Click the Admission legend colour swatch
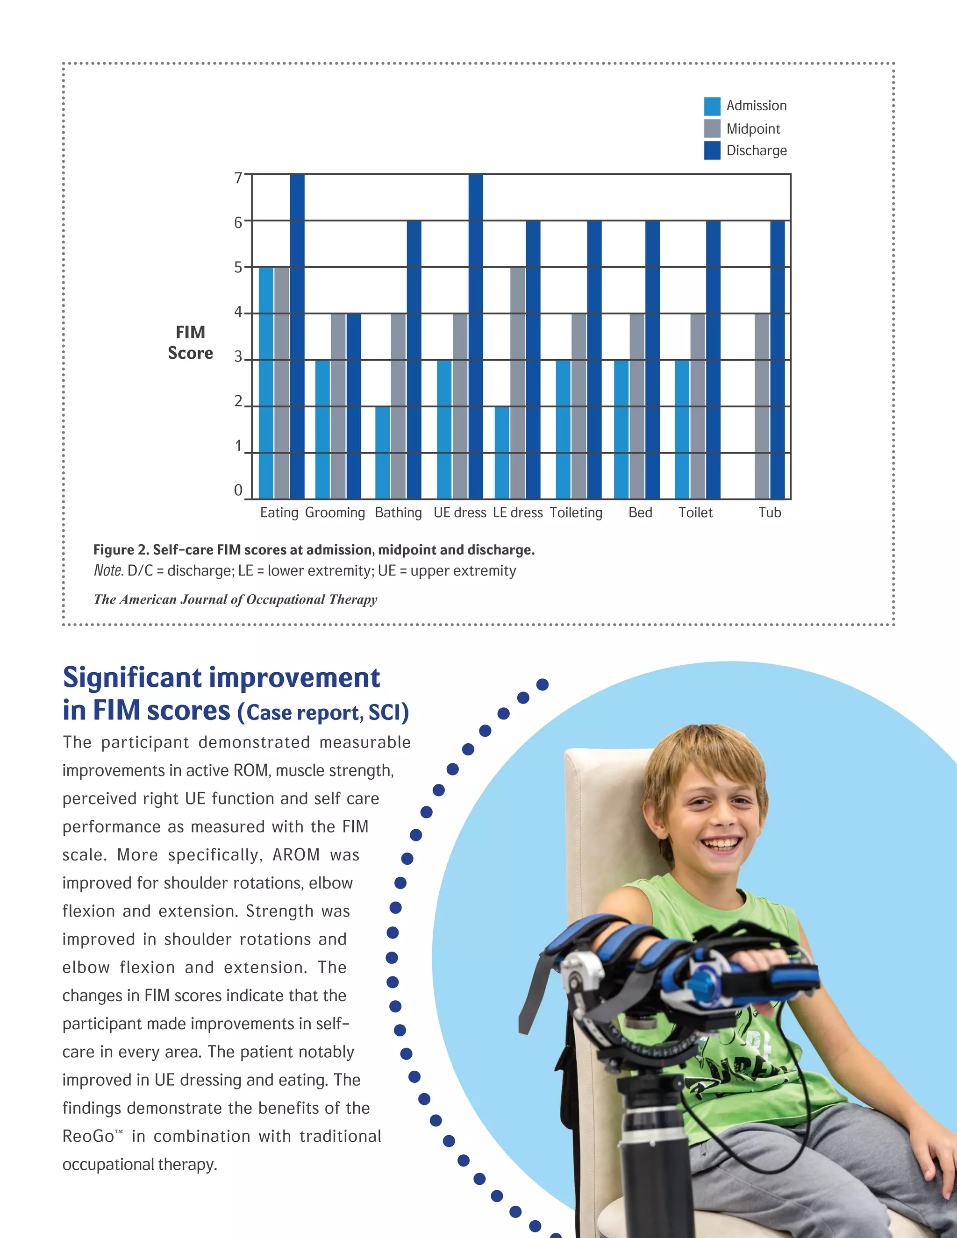tap(712, 106)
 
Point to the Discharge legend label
tap(757, 151)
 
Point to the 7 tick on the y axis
tap(239, 178)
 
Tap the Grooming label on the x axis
tap(335, 513)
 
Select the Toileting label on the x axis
tap(576, 513)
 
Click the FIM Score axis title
tap(191, 342)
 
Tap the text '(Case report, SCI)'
tap(323, 712)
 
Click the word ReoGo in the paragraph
tap(88, 1137)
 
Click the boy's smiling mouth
tap(721, 844)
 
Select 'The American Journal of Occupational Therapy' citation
tap(236, 600)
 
